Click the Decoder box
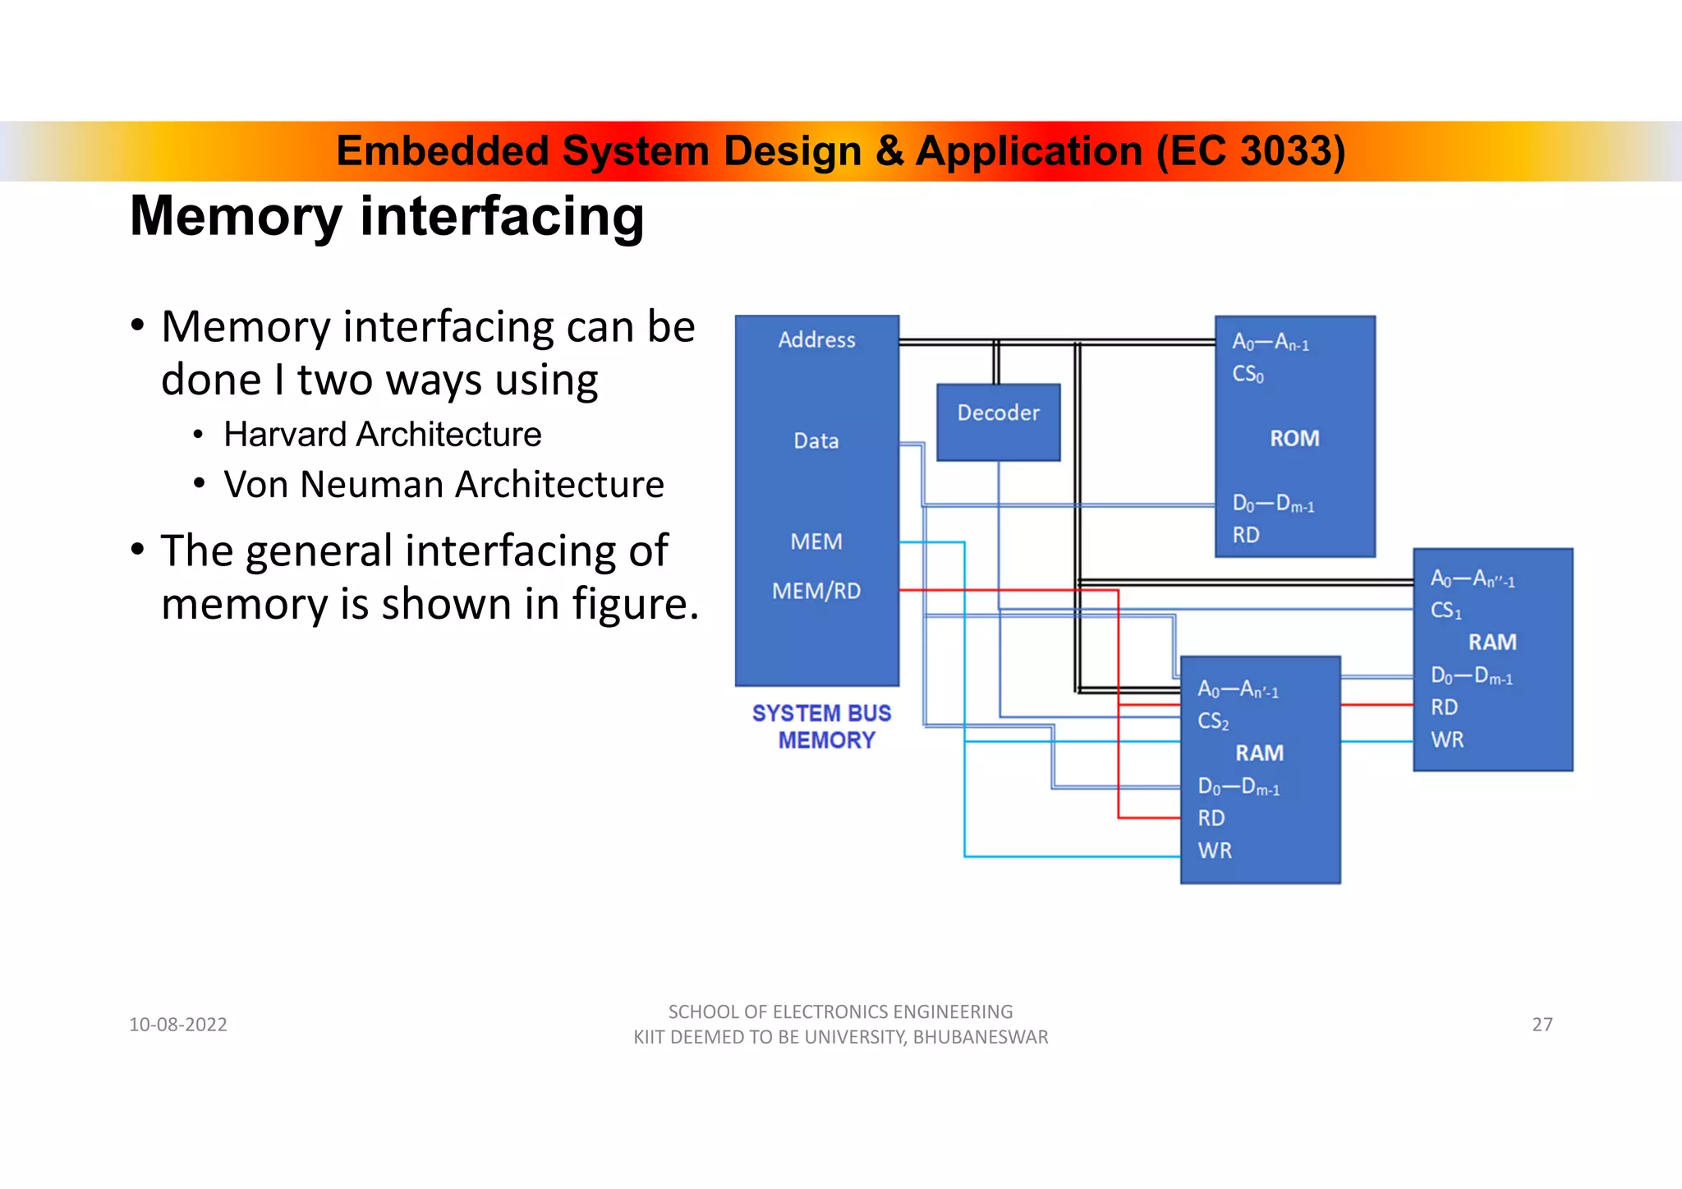[998, 422]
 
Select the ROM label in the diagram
[1294, 439]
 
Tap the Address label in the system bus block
[816, 340]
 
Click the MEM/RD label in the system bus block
[816, 591]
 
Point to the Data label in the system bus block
[816, 441]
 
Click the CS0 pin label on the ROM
[1248, 375]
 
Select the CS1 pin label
[1445, 611]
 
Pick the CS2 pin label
[1213, 721]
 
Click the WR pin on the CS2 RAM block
[1215, 850]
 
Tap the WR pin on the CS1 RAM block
[1447, 740]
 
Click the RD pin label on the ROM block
[1246, 536]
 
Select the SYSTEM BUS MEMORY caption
[823, 726]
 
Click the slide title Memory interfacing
[387, 216]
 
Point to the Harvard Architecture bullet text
[383, 435]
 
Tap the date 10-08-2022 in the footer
[178, 1025]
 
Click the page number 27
[1542, 1025]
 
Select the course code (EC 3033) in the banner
[1250, 151]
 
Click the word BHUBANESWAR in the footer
[980, 1038]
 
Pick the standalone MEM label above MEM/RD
[816, 542]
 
